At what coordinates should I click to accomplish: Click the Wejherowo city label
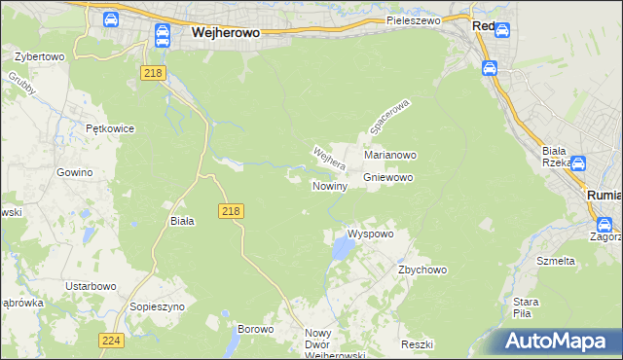point(225,32)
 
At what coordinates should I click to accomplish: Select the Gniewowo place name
point(388,178)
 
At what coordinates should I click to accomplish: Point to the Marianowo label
point(390,155)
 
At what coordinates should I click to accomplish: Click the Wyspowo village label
point(370,234)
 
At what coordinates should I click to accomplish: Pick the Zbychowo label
point(421,270)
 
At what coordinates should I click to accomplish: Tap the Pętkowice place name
point(109,128)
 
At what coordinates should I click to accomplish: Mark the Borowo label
point(256,329)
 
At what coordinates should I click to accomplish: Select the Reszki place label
point(416,345)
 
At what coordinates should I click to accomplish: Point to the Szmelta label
point(556,261)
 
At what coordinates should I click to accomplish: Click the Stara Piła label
point(527,306)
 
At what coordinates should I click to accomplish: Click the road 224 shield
point(111,340)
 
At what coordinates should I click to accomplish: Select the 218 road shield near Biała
point(231,211)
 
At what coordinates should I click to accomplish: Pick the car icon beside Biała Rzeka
point(579,164)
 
